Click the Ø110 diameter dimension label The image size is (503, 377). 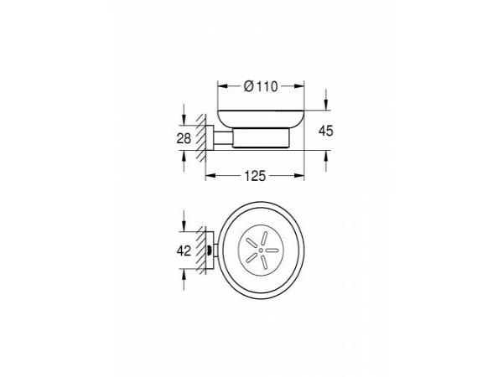coord(261,86)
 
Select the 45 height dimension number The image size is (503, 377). coord(326,131)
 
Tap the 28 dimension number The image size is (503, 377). coord(184,138)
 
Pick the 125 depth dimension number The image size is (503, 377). coord(255,176)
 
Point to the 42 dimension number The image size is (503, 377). coord(184,250)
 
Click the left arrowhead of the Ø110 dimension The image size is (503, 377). coord(223,86)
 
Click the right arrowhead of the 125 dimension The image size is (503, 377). coord(299,175)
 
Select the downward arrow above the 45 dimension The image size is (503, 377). coord(326,100)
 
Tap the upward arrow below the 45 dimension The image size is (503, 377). coord(326,161)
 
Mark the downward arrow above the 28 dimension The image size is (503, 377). coord(184,115)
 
